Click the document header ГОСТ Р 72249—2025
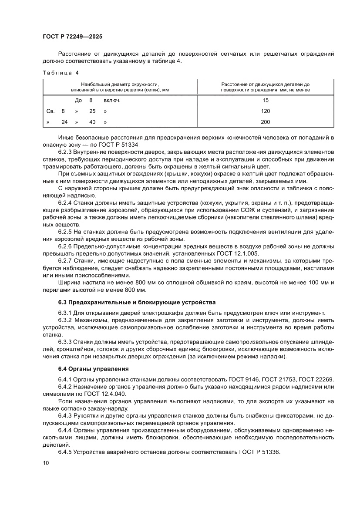(72, 37)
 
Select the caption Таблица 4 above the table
(61, 72)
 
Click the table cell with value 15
(266, 100)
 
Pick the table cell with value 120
(266, 111)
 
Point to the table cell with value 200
(266, 122)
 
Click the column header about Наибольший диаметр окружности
(120, 87)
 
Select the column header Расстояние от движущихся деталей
(266, 87)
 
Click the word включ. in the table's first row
(112, 100)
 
